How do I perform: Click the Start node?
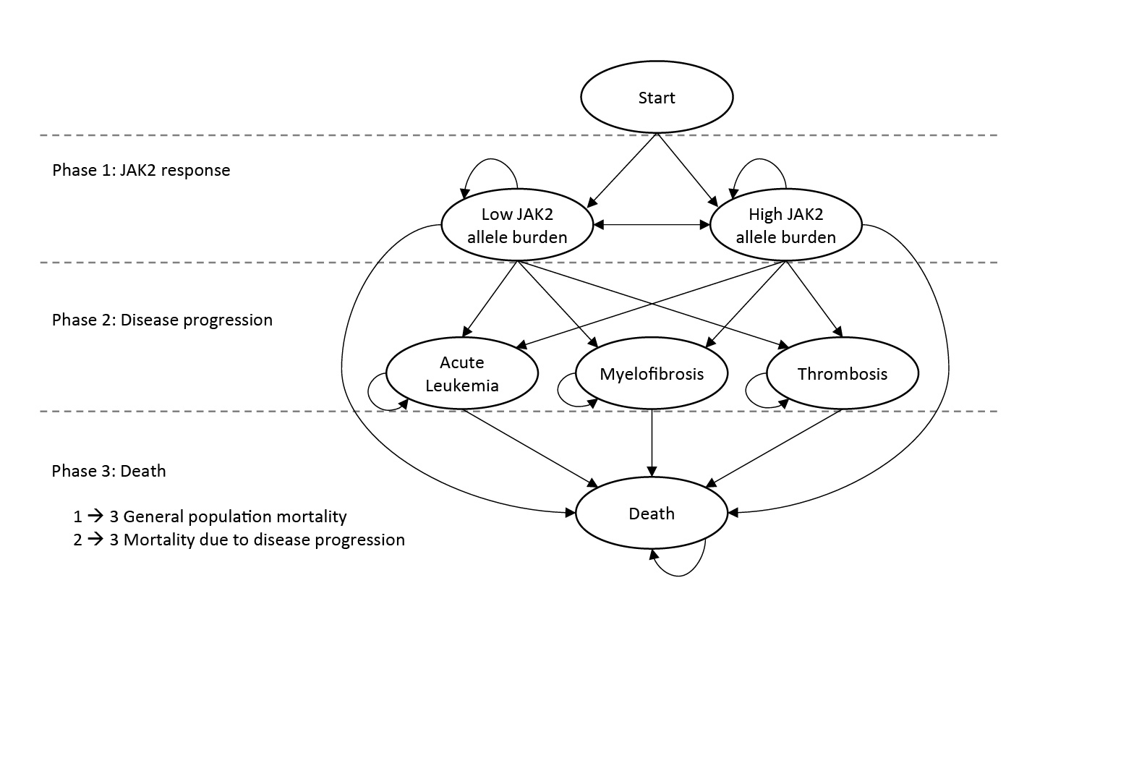click(x=657, y=98)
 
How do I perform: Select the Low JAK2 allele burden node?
click(x=517, y=226)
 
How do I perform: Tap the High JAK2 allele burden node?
click(x=785, y=226)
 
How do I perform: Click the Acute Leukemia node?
click(x=461, y=374)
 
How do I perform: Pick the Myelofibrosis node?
click(x=652, y=374)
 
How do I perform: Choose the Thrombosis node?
click(x=842, y=374)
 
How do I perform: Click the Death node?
click(x=652, y=514)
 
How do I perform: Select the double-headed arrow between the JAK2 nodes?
click(x=652, y=226)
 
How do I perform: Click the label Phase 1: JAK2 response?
click(x=141, y=171)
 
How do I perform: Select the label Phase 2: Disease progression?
click(x=162, y=320)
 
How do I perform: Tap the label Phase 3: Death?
click(x=108, y=472)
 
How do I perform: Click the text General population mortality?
click(x=234, y=517)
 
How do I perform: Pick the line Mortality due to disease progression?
click(x=263, y=540)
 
